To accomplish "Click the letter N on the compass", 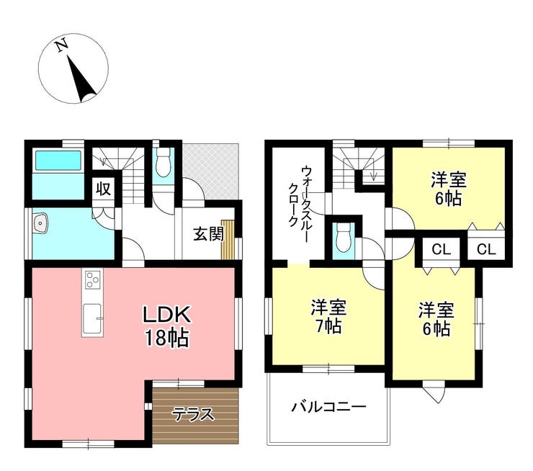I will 63,45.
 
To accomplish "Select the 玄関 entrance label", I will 207,234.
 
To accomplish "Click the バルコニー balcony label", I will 328,407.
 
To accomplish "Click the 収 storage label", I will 103,189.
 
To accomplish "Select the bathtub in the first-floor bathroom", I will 56,162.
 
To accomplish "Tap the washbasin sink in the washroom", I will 40,225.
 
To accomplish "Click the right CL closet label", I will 486,250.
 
